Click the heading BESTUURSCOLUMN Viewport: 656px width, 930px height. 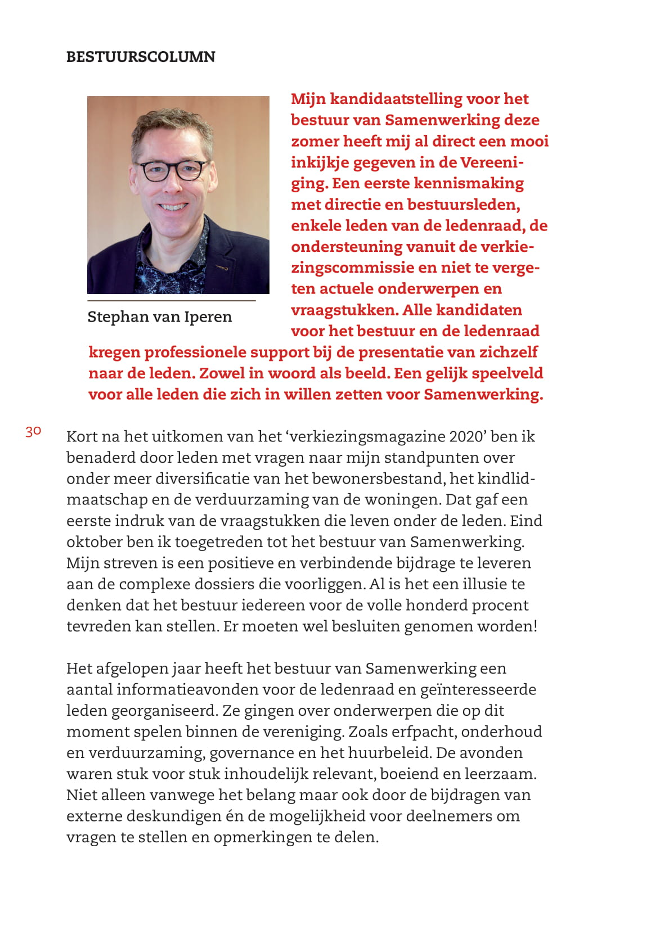141,57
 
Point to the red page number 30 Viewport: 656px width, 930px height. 33,431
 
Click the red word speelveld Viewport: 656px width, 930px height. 507,373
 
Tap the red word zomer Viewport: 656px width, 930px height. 314,141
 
